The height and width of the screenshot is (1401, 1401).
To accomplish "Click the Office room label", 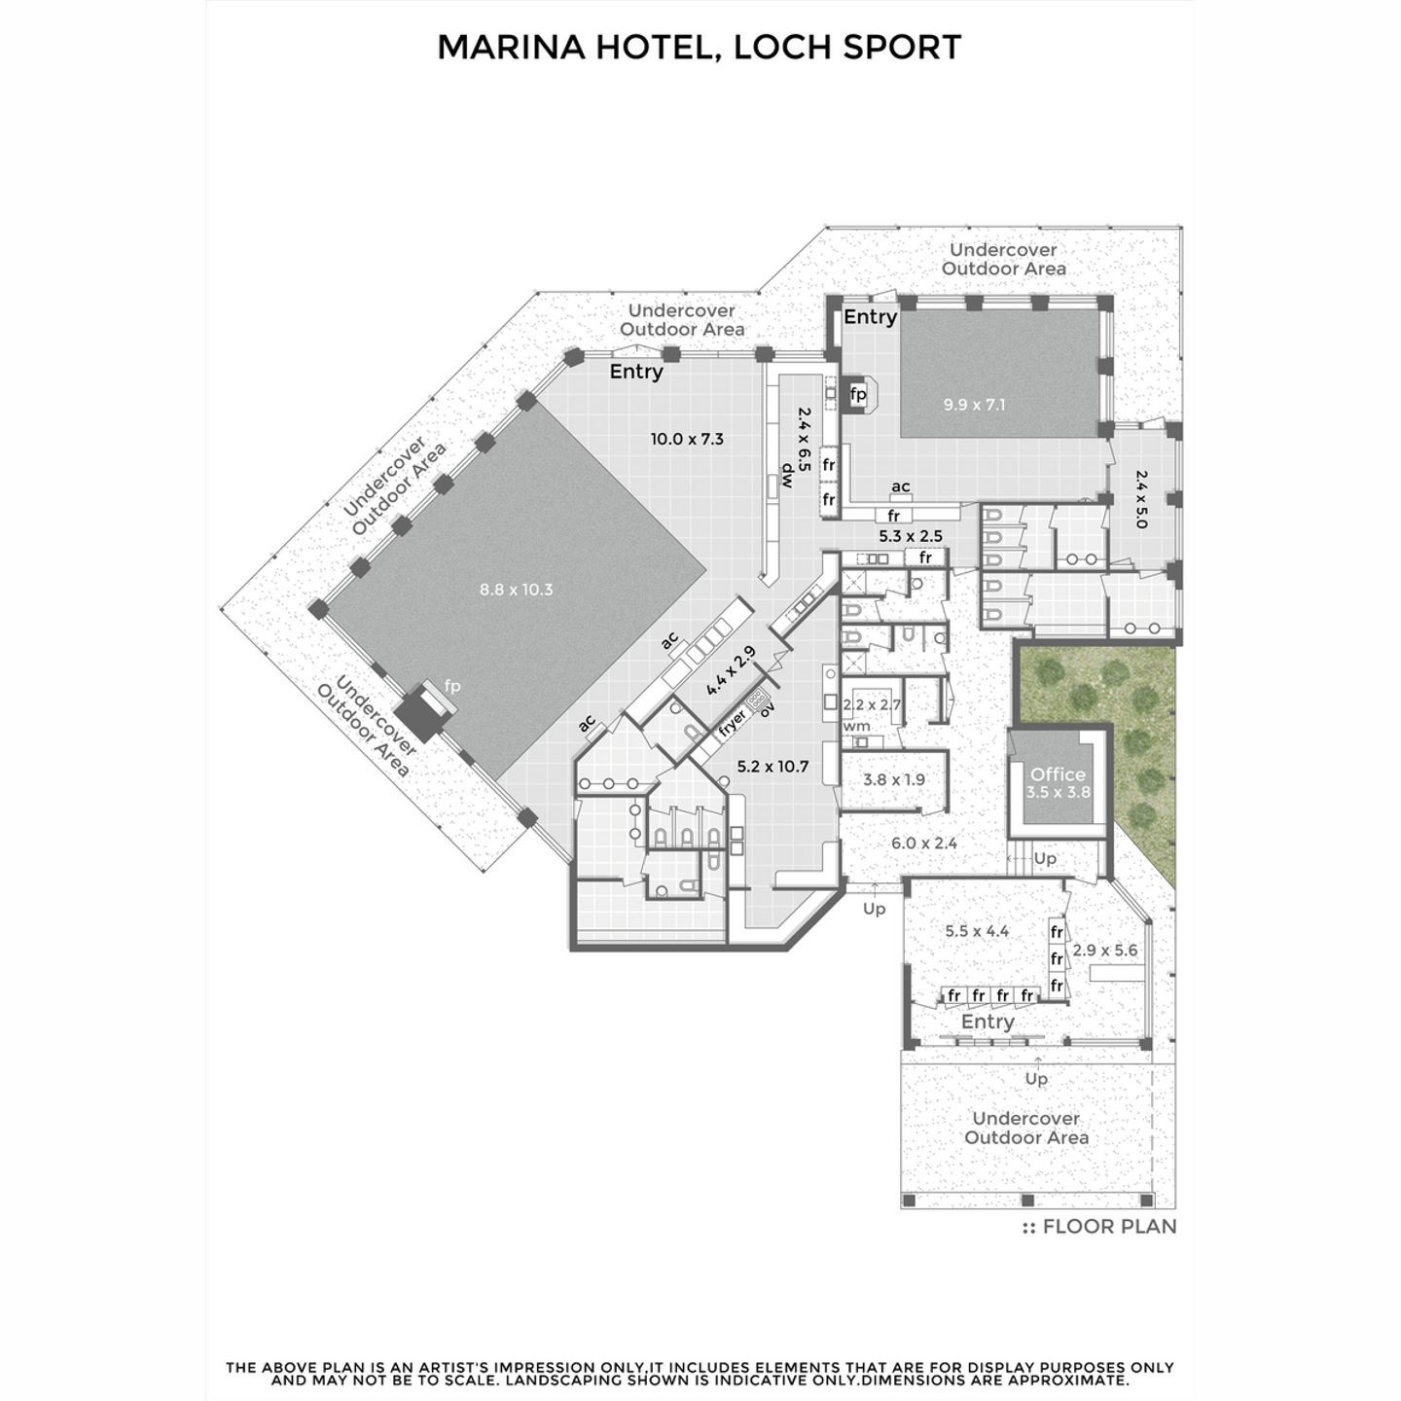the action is (1058, 774).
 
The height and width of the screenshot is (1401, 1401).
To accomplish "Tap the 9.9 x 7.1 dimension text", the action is (974, 405).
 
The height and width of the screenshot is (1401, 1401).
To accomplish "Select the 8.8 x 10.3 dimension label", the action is (517, 590).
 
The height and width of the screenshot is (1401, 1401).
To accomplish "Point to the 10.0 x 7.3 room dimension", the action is (687, 439).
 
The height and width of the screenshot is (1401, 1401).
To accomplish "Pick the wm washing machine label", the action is (856, 727).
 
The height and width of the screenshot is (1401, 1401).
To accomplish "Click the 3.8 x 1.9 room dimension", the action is (893, 779).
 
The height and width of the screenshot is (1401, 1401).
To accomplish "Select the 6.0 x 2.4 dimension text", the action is (924, 844).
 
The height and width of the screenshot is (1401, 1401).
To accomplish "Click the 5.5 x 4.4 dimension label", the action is (977, 931).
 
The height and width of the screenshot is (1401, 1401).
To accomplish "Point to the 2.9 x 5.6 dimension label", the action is (1104, 950).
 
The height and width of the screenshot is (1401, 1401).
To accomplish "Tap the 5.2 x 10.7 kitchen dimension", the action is (772, 767).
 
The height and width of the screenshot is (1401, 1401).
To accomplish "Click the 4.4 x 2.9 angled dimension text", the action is (731, 670).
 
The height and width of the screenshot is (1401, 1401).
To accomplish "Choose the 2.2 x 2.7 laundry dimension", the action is (872, 704).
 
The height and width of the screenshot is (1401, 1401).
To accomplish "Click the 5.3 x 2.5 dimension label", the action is (911, 536).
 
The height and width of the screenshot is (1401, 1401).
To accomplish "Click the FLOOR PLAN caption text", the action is (1109, 1227).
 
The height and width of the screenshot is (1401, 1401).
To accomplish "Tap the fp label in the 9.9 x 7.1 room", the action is (859, 394).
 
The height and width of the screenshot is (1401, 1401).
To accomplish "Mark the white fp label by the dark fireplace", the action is (452, 686).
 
